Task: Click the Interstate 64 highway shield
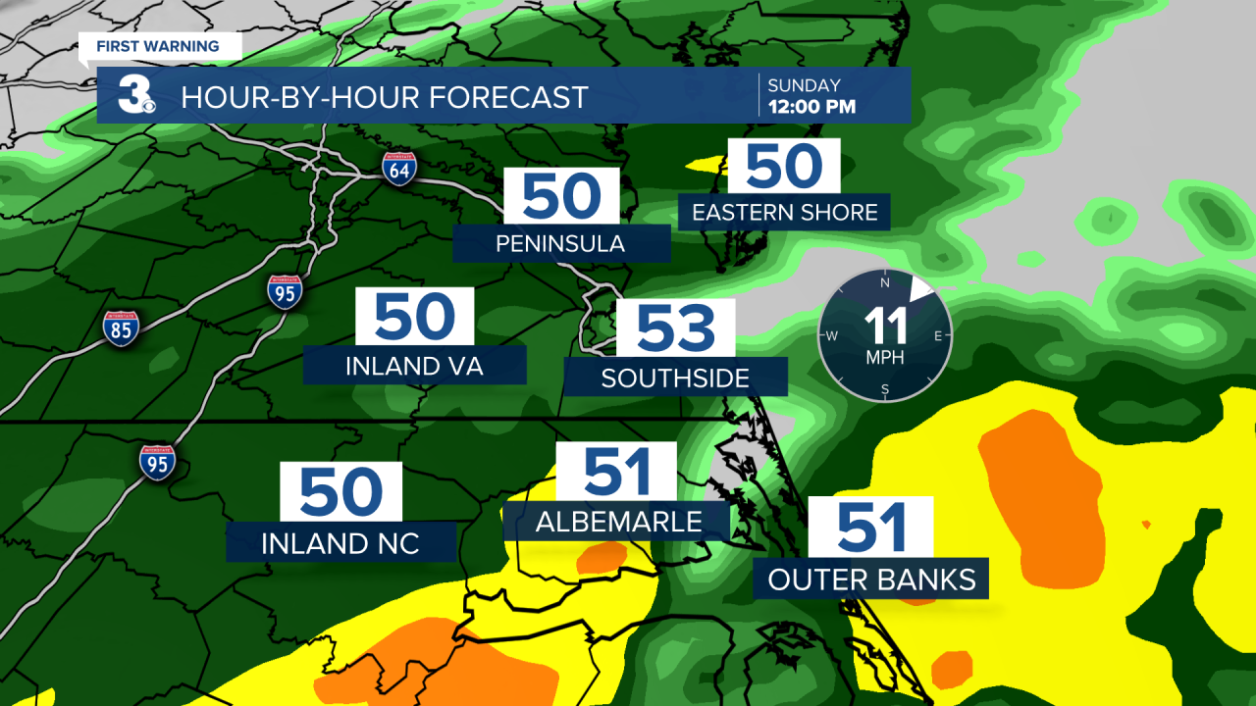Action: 399,169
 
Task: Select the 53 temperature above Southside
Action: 675,328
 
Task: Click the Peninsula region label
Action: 560,243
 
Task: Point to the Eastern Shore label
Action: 784,212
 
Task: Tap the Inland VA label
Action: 415,366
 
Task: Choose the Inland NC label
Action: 340,543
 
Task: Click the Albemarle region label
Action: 618,522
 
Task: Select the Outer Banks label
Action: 871,580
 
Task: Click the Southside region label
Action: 675,378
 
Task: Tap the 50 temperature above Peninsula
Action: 560,196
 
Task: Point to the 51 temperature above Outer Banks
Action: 870,528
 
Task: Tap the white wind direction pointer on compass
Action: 921,287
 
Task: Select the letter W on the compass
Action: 832,336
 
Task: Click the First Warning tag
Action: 158,46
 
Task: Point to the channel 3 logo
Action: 137,95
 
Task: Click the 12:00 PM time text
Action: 811,106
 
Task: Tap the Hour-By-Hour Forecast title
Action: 385,97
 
